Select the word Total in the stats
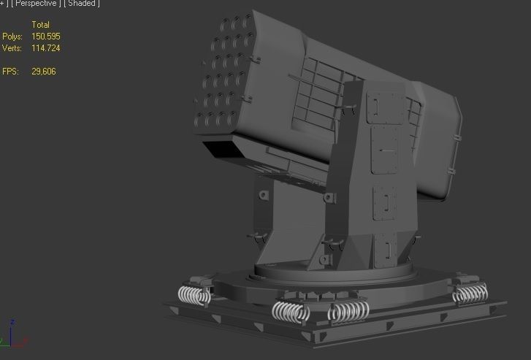(x=40, y=25)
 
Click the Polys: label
(x=12, y=37)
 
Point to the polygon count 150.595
(x=46, y=37)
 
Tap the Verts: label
(x=12, y=48)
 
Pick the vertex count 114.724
(x=46, y=48)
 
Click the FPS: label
(x=9, y=72)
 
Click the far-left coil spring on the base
(x=194, y=295)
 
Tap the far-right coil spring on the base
(x=469, y=294)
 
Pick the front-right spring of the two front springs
(x=348, y=312)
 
